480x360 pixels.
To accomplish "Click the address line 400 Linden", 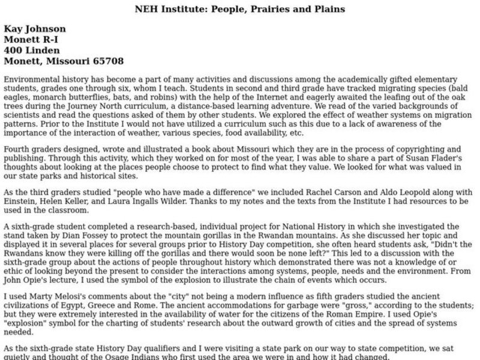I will click(31, 50).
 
